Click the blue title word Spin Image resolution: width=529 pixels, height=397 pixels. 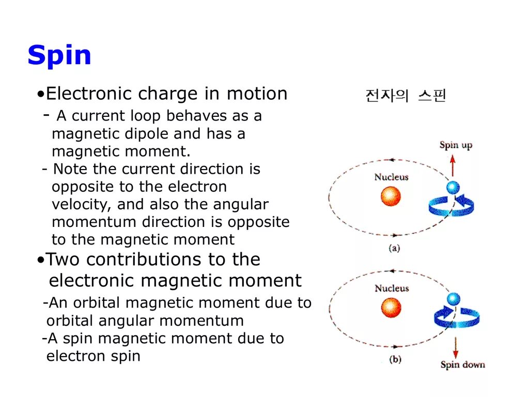pyautogui.click(x=59, y=55)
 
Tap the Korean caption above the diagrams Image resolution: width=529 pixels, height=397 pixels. pyautogui.click(x=405, y=96)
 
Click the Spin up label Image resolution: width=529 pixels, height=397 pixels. pyautogui.click(x=456, y=145)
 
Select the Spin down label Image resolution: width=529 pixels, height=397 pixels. pyautogui.click(x=462, y=365)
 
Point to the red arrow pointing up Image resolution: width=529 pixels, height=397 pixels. pyautogui.click(x=453, y=165)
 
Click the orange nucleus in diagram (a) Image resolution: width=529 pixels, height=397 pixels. pyautogui.click(x=391, y=196)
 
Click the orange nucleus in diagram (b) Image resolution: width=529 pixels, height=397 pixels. pyautogui.click(x=391, y=308)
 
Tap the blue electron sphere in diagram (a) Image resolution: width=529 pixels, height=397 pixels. pyautogui.click(x=453, y=187)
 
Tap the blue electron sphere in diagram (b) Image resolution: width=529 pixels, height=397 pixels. pyautogui.click(x=454, y=298)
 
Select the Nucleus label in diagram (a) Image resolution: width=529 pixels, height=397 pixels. pyautogui.click(x=391, y=177)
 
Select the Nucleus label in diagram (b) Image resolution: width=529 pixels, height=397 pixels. pyautogui.click(x=391, y=288)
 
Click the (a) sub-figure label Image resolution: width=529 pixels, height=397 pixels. pyautogui.click(x=394, y=248)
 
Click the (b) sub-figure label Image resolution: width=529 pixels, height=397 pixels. pyautogui.click(x=394, y=359)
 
